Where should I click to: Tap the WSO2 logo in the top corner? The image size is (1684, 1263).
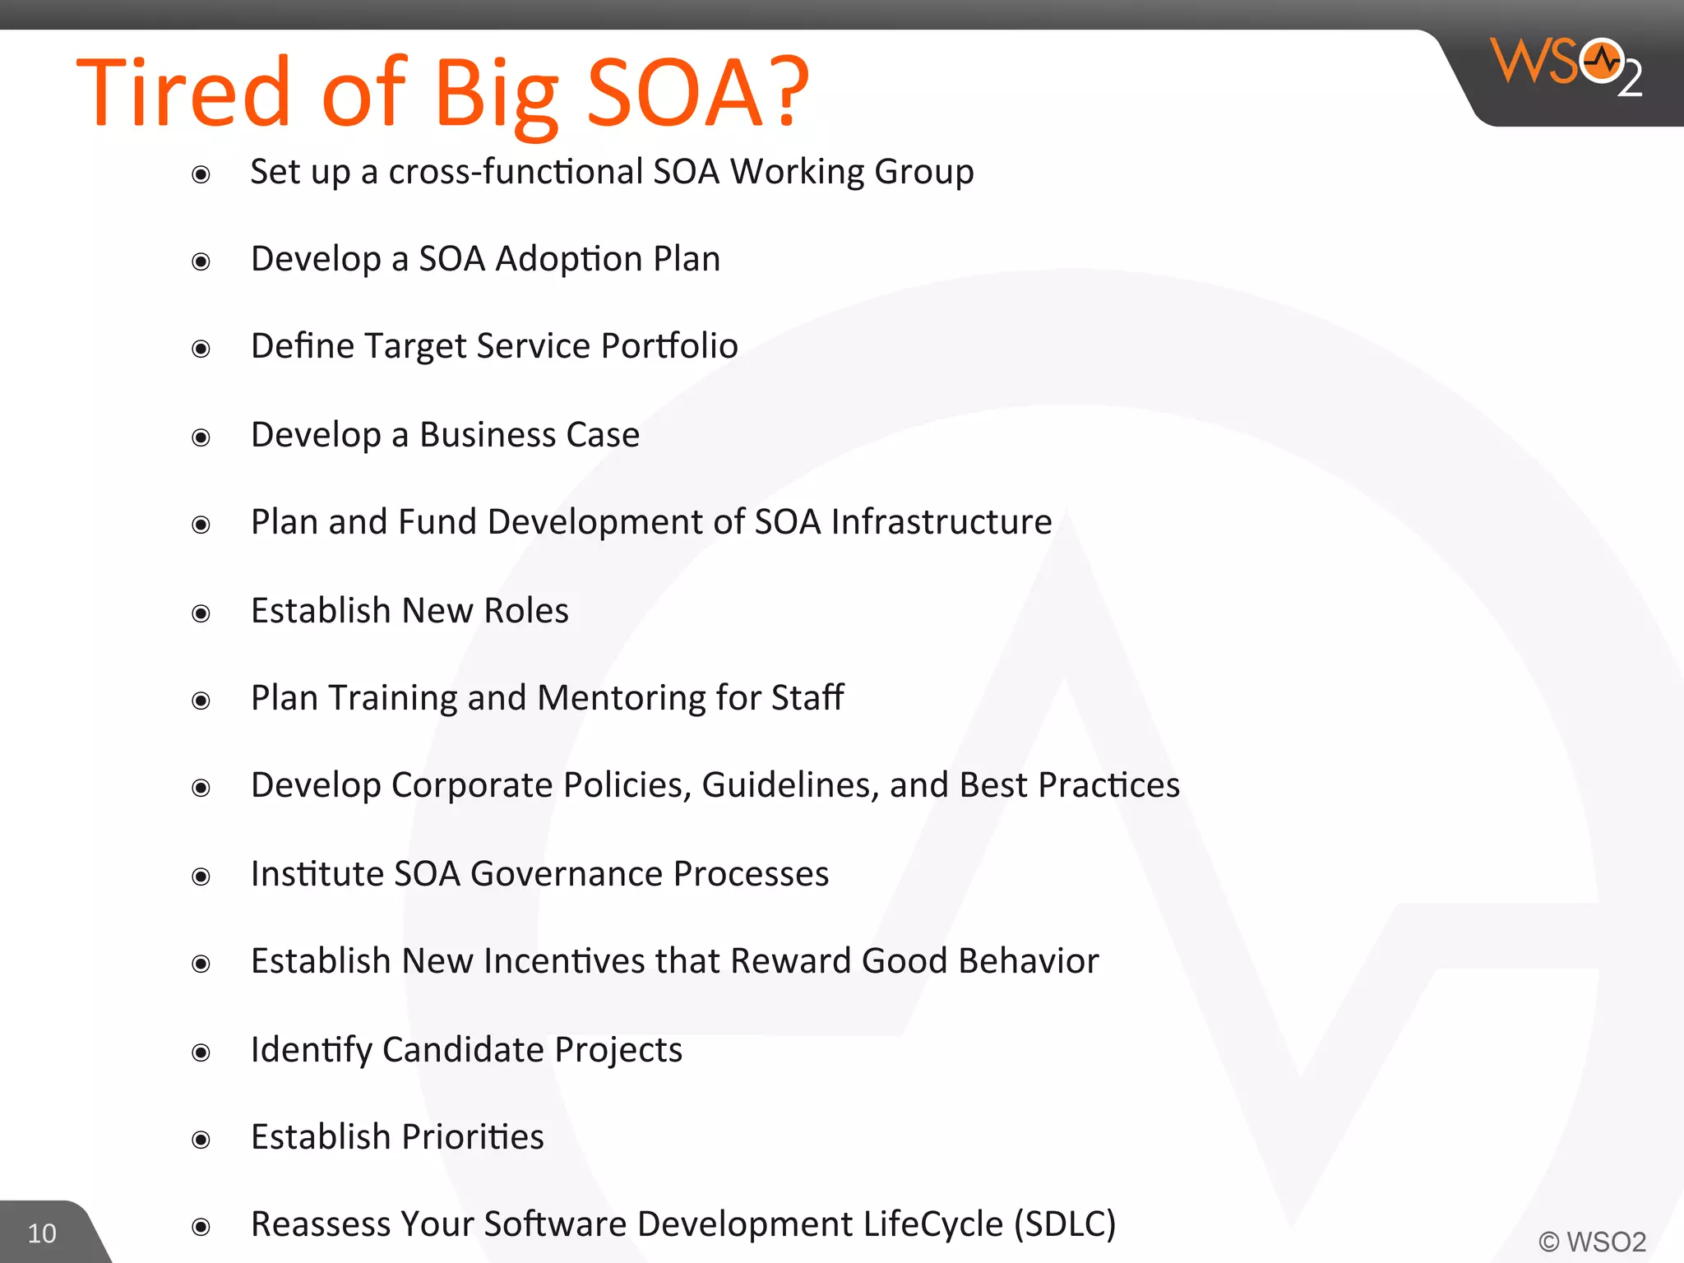pos(1566,66)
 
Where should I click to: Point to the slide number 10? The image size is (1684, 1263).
pos(42,1233)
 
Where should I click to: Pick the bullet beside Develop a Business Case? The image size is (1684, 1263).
pos(201,437)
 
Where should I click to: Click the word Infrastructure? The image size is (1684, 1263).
pos(941,522)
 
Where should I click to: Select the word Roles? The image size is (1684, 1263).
pos(526,611)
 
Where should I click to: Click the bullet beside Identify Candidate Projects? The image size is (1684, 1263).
pos(201,1052)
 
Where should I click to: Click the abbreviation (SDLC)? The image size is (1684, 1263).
pos(1065,1224)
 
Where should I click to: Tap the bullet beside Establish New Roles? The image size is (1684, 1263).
pos(201,613)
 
